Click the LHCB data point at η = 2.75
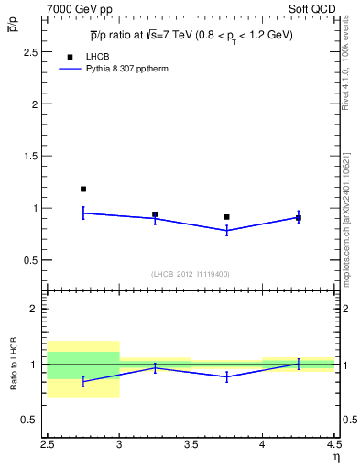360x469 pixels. tap(83, 189)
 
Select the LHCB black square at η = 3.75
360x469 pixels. tap(226, 217)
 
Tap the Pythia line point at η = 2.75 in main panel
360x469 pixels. tap(83, 213)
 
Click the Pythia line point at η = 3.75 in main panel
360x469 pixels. tap(226, 231)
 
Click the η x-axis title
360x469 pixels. tap(335, 456)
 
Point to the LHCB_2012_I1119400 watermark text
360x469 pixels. tap(190, 273)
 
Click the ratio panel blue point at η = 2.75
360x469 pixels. tap(83, 381)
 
